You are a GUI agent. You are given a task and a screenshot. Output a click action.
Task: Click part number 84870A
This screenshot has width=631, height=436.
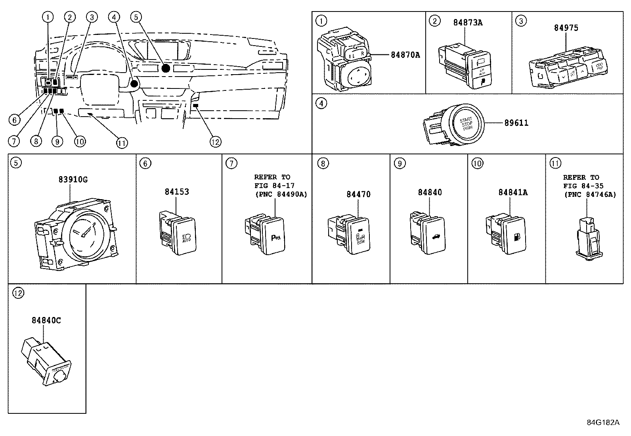coord(405,55)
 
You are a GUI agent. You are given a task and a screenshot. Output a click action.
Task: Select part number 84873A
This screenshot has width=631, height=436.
coord(468,23)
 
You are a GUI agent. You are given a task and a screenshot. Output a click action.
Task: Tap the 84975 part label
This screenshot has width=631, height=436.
coord(566,28)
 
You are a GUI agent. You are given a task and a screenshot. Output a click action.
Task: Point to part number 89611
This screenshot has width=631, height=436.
coord(516,123)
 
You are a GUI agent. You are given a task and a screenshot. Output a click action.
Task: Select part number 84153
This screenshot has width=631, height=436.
coord(177,192)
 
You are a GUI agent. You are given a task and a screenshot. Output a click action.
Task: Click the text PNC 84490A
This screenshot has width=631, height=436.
coord(281,194)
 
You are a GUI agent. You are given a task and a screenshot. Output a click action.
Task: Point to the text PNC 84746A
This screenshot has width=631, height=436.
coord(590,194)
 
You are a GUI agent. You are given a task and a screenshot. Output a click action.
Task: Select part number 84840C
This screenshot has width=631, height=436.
coord(46,320)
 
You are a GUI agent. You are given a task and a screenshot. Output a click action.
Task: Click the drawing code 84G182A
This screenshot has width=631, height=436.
coord(603,422)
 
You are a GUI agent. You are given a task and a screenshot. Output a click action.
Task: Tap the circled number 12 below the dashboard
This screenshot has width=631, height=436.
coord(215,142)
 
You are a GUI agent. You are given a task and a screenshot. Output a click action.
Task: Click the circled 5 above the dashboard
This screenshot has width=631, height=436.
coord(136,17)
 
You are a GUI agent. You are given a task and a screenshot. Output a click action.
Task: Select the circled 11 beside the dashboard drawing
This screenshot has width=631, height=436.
coord(122,142)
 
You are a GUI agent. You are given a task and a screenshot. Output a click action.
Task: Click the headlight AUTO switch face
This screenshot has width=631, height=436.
coord(185,236)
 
